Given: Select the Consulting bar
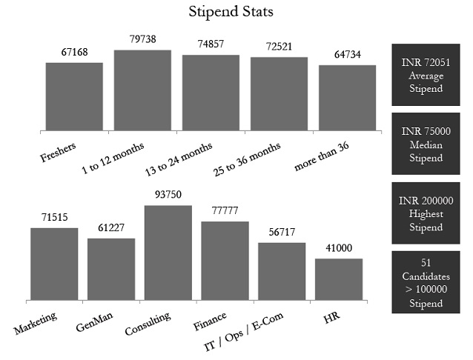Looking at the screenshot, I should [x=168, y=253].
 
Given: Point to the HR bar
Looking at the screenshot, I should [x=339, y=279].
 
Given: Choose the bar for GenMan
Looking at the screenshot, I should [x=111, y=269].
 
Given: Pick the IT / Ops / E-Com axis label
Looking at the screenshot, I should [x=252, y=330].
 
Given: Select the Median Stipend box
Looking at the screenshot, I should [x=426, y=144].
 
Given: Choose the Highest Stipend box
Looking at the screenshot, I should [x=426, y=213].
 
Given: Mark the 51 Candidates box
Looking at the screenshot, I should [x=426, y=282].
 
